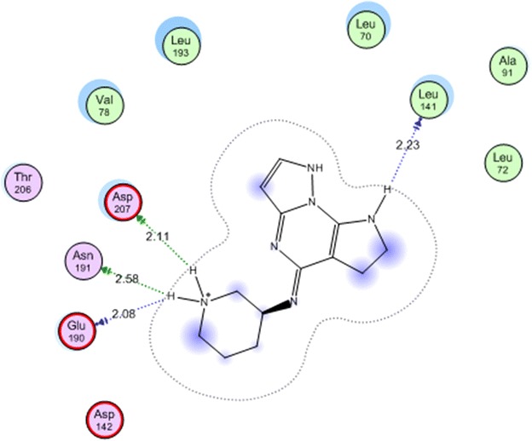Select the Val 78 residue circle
[104, 105]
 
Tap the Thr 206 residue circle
[22, 182]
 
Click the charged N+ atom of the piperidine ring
[205, 300]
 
